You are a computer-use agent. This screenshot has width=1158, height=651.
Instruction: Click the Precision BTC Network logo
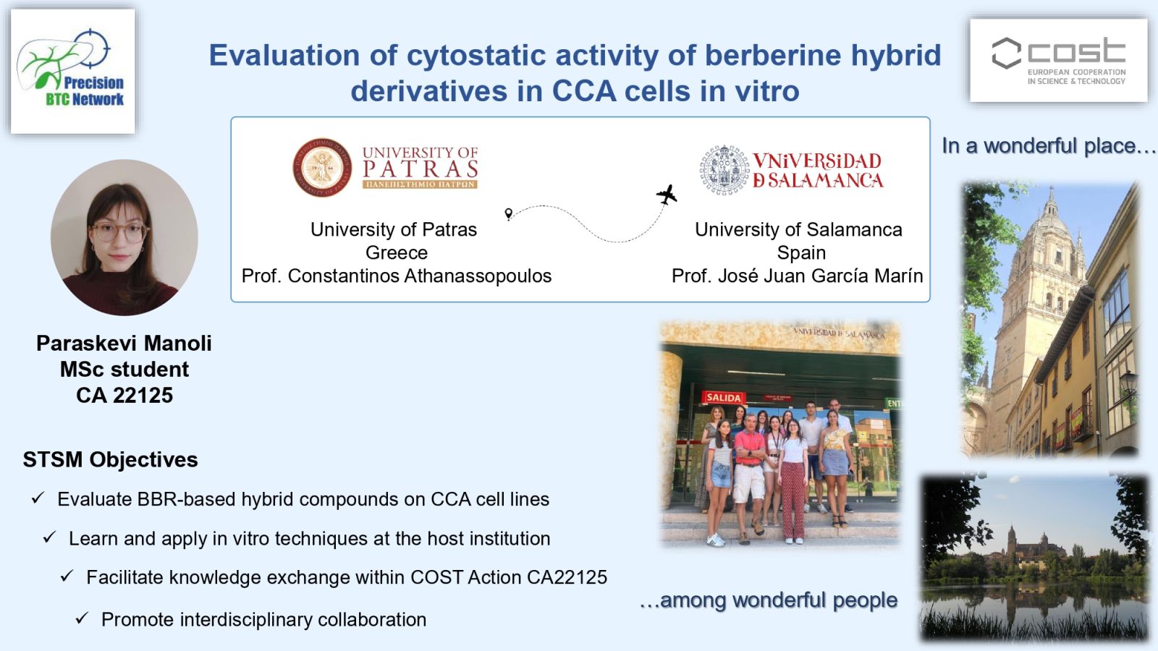[73, 72]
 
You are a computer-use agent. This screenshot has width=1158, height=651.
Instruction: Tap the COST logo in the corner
[1058, 61]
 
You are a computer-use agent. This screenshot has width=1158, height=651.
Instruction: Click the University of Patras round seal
[322, 167]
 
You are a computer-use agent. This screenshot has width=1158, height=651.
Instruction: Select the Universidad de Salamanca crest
[724, 170]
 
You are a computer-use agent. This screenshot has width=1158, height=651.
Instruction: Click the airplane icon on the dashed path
[667, 195]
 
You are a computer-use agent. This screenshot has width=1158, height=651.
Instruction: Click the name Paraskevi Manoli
[124, 344]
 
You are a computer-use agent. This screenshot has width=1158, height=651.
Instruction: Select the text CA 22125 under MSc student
[124, 395]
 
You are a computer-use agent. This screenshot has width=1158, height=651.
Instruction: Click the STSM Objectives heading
[110, 459]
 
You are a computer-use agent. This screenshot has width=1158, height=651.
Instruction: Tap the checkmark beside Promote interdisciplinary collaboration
[83, 618]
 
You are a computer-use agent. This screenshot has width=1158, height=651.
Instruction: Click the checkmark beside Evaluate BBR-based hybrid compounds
[38, 498]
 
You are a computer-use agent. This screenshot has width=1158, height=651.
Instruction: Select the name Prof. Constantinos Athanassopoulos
[397, 276]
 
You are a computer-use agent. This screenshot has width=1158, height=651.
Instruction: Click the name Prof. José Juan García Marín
[797, 276]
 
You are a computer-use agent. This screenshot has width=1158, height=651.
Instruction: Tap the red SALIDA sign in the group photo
[723, 397]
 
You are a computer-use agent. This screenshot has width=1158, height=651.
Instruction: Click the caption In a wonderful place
[1049, 146]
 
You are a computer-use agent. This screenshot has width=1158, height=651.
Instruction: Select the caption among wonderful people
[769, 600]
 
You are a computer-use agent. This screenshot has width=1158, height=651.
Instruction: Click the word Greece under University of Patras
[397, 252]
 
